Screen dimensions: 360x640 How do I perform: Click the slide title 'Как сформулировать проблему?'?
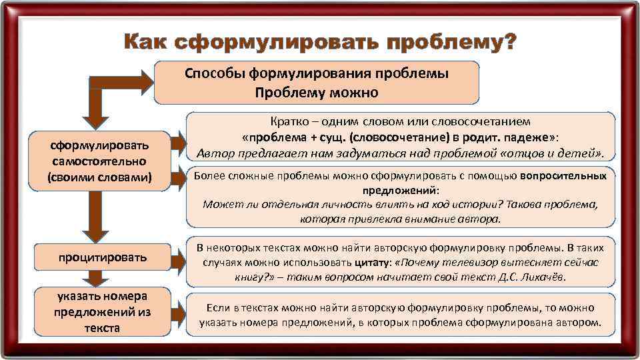click(320, 42)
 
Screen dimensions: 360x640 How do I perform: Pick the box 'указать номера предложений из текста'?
click(102, 312)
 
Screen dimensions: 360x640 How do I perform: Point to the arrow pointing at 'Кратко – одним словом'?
click(177, 142)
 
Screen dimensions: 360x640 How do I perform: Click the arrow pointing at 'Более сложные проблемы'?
click(177, 177)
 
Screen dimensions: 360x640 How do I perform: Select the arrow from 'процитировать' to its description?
click(177, 257)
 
